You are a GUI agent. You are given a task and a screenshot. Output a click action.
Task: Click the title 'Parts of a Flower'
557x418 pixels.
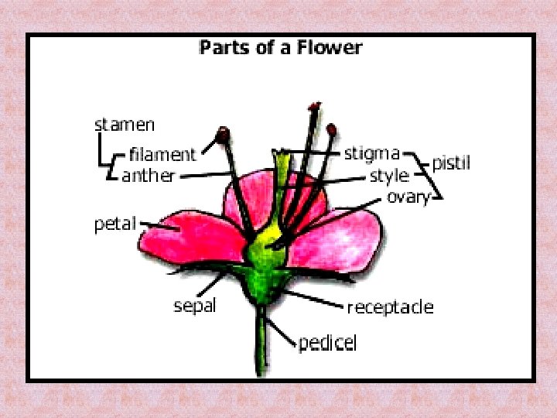click(x=280, y=47)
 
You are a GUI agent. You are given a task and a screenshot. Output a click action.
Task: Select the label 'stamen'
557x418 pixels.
click(x=125, y=124)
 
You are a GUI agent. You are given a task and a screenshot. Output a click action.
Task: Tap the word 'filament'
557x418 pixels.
click(x=162, y=153)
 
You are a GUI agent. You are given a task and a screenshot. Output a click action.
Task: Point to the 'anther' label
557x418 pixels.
click(x=149, y=176)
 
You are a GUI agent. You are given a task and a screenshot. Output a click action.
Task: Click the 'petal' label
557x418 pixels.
click(x=114, y=224)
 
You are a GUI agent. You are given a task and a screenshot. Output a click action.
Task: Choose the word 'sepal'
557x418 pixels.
click(x=194, y=305)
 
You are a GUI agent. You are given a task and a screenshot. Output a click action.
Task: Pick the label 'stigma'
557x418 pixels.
click(x=371, y=153)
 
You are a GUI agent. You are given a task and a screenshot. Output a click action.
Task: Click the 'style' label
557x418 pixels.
click(x=388, y=176)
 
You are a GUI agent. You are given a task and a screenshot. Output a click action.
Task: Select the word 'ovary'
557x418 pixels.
click(x=408, y=197)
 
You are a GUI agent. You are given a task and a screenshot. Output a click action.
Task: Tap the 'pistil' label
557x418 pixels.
click(x=451, y=163)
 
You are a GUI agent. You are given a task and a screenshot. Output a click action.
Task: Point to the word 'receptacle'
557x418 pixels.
click(x=390, y=307)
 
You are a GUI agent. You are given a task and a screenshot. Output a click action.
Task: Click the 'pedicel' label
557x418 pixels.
click(x=328, y=342)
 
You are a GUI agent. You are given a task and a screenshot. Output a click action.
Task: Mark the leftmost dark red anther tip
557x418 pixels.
click(x=224, y=135)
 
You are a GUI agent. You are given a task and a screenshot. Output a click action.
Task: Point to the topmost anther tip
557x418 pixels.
click(x=314, y=105)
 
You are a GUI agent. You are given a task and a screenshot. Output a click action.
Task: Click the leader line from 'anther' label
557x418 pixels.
click(x=205, y=175)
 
